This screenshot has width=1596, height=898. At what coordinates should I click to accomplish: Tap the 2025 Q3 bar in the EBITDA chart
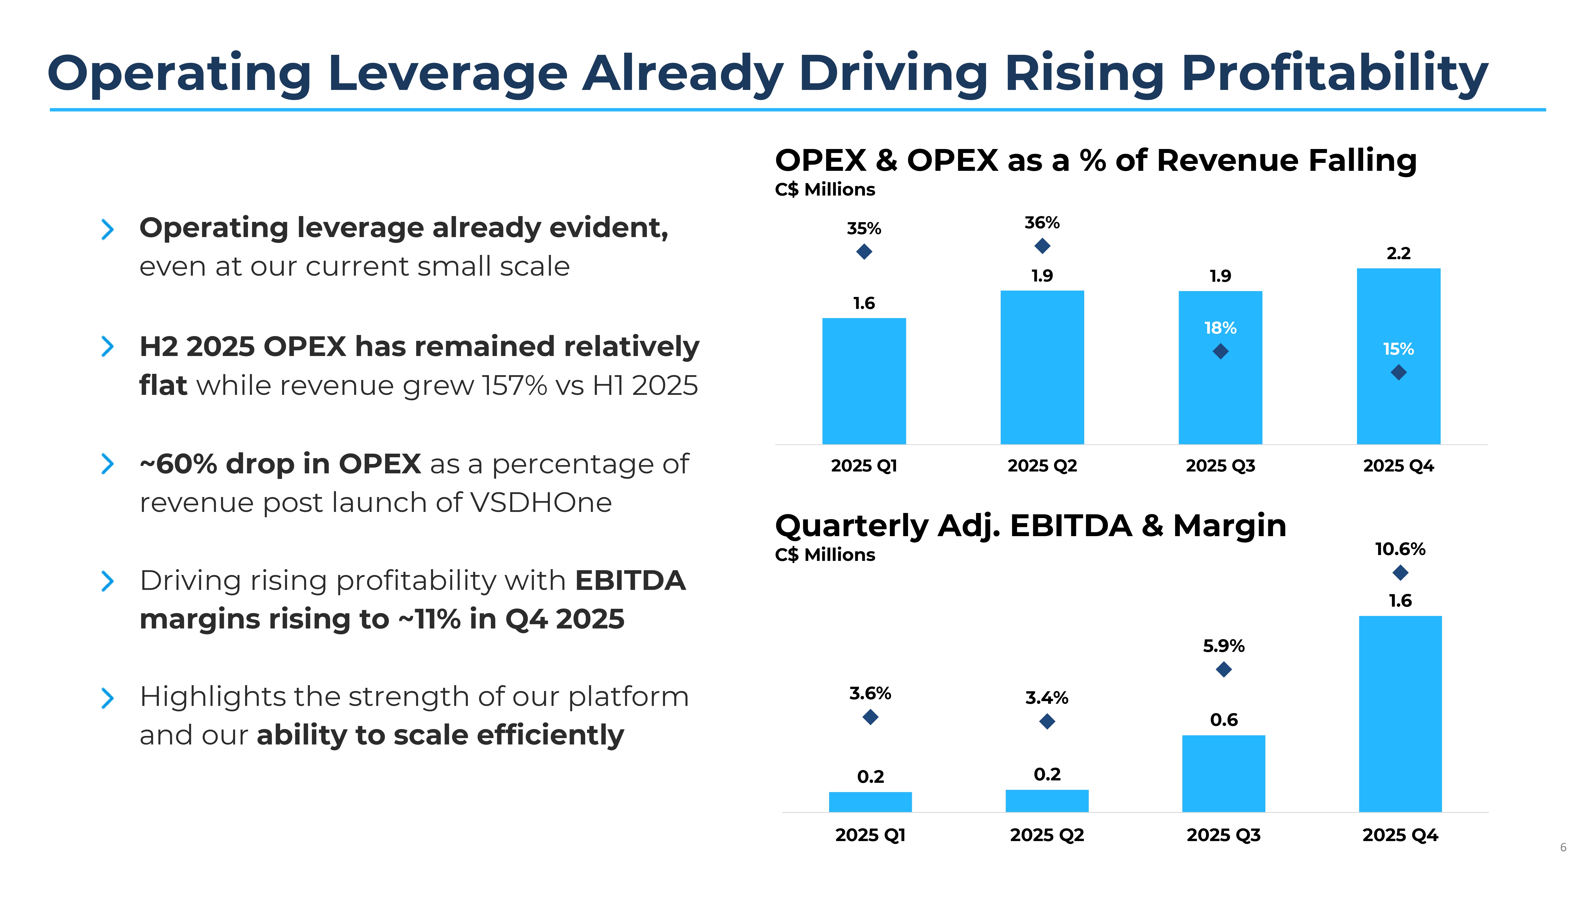[1224, 773]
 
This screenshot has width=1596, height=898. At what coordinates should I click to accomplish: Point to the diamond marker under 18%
[1221, 351]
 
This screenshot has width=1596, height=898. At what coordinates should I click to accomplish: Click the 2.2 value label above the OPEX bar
[1398, 254]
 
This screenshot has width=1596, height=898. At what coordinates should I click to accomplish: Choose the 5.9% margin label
[1224, 646]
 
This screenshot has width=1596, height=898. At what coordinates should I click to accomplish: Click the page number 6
[1563, 847]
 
